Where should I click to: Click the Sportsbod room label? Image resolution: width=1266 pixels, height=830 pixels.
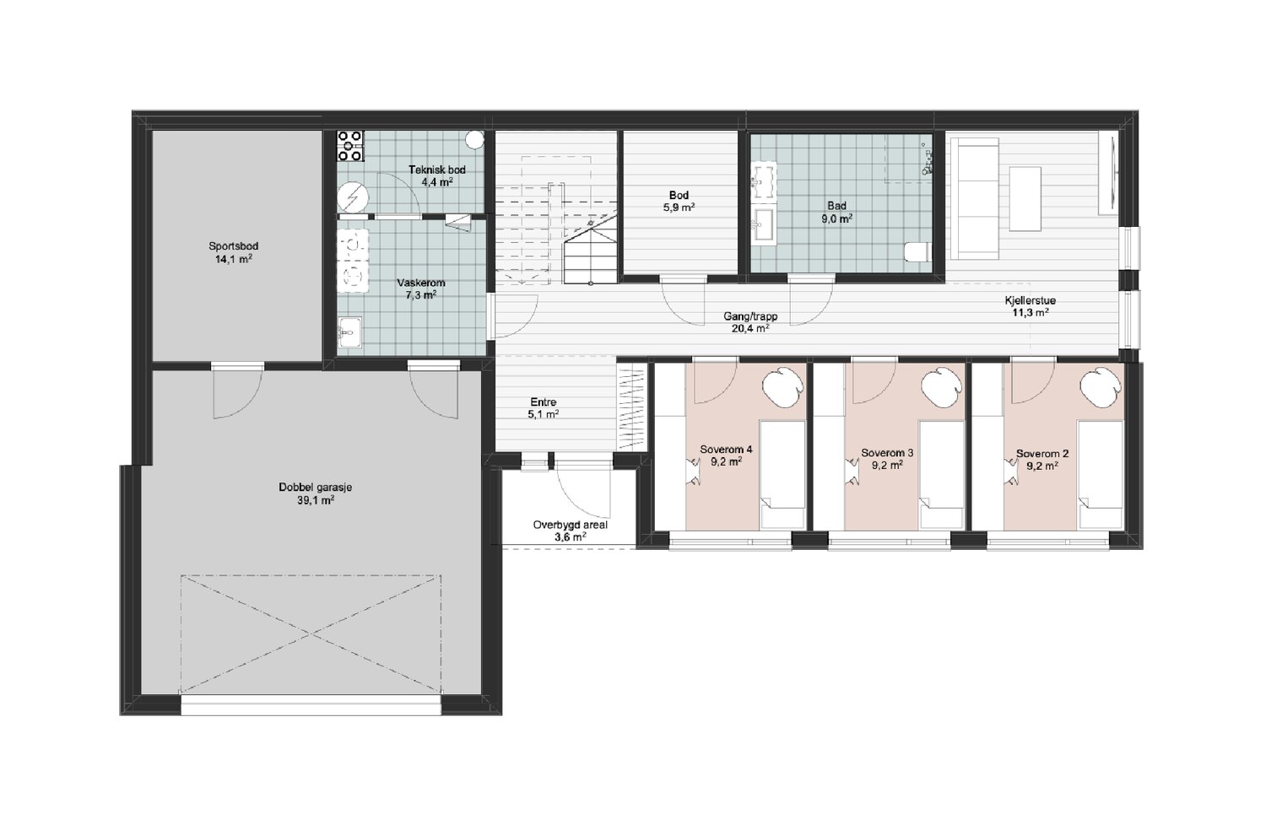(x=234, y=246)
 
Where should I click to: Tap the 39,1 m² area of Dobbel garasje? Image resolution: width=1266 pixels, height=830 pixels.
(x=316, y=500)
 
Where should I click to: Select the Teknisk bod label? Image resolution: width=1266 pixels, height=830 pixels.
(x=437, y=170)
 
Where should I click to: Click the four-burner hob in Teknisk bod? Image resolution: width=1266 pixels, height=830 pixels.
(x=350, y=146)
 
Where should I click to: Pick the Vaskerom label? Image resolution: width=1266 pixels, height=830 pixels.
(x=420, y=283)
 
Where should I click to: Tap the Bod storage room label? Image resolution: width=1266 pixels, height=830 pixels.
(x=679, y=195)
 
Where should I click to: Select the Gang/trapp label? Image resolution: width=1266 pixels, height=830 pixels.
(x=750, y=316)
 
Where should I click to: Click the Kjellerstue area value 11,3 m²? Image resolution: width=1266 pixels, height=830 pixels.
(x=1030, y=312)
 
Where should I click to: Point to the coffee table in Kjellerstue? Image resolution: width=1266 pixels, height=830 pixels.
(x=1025, y=198)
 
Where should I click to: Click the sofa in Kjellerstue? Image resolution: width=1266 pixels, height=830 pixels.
(x=978, y=198)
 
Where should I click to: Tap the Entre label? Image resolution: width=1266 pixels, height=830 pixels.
(x=544, y=402)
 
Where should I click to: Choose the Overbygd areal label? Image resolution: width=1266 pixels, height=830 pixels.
(x=571, y=525)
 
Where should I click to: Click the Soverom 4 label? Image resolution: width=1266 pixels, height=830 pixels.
(x=726, y=450)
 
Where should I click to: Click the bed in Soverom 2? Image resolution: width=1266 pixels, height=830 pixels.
(x=1099, y=475)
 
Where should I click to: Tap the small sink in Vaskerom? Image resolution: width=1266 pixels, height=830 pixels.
(x=350, y=333)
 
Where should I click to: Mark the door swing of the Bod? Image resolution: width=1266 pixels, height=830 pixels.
(x=684, y=302)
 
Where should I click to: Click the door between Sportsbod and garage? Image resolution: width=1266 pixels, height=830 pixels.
(x=237, y=391)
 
